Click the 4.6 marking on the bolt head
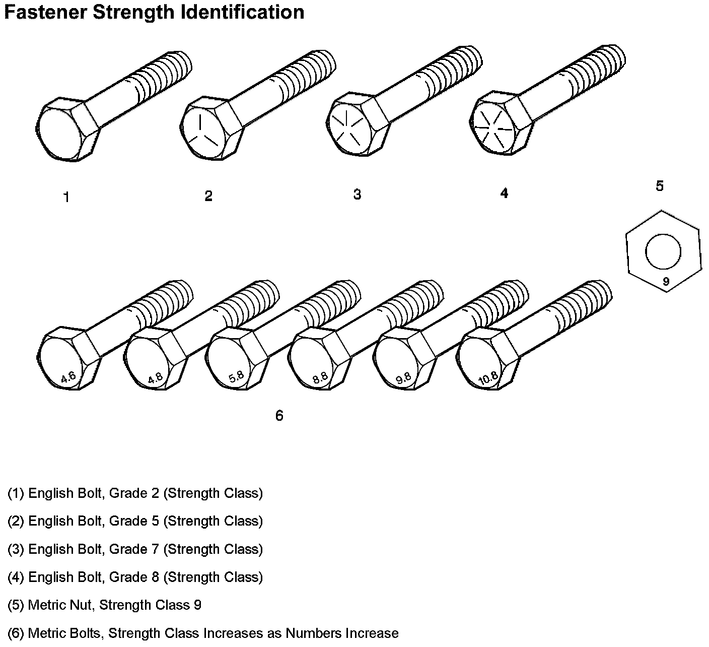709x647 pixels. click(68, 377)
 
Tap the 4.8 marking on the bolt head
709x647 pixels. click(155, 378)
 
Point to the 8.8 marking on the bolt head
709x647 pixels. click(320, 377)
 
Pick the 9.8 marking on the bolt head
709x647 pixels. click(403, 378)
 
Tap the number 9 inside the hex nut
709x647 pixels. click(666, 282)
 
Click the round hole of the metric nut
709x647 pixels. click(663, 251)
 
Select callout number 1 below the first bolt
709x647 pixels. click(66, 198)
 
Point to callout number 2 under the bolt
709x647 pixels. click(208, 196)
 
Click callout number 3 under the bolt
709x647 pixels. click(357, 195)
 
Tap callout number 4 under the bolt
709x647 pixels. click(504, 193)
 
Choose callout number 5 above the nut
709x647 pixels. click(660, 186)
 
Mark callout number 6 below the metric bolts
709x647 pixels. click(279, 416)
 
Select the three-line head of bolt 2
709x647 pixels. click(202, 131)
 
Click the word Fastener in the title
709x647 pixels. click(44, 12)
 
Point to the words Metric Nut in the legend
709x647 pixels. click(60, 605)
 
